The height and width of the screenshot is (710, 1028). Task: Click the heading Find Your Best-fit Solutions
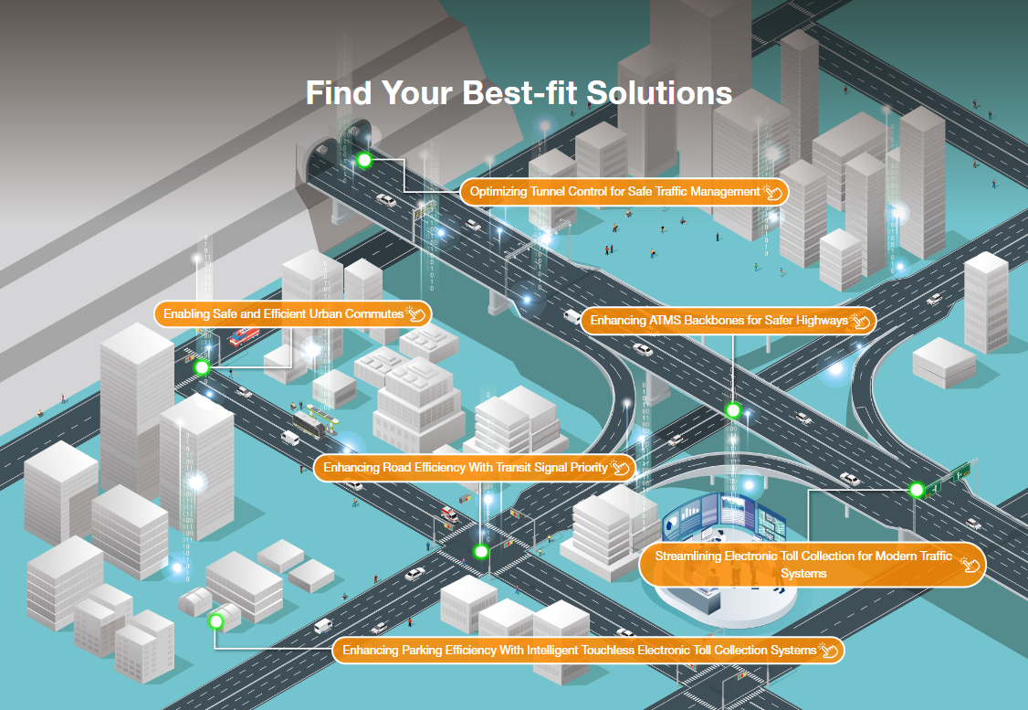coord(519,93)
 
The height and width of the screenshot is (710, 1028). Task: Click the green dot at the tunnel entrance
coord(364,161)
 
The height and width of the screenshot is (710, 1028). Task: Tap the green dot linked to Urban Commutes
coord(203,367)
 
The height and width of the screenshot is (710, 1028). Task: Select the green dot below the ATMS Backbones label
coord(732,410)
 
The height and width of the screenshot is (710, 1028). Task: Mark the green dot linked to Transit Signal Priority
coord(481,551)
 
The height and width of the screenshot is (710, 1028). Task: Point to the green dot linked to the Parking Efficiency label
coord(216,621)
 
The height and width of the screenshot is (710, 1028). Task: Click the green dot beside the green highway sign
coord(917,490)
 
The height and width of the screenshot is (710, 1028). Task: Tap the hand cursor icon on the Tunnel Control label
coord(773,192)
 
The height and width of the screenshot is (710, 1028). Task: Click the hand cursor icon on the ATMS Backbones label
coord(861,321)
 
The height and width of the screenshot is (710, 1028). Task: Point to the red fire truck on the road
coord(243,337)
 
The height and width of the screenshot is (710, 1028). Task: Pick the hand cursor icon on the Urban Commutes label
coord(416,313)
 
